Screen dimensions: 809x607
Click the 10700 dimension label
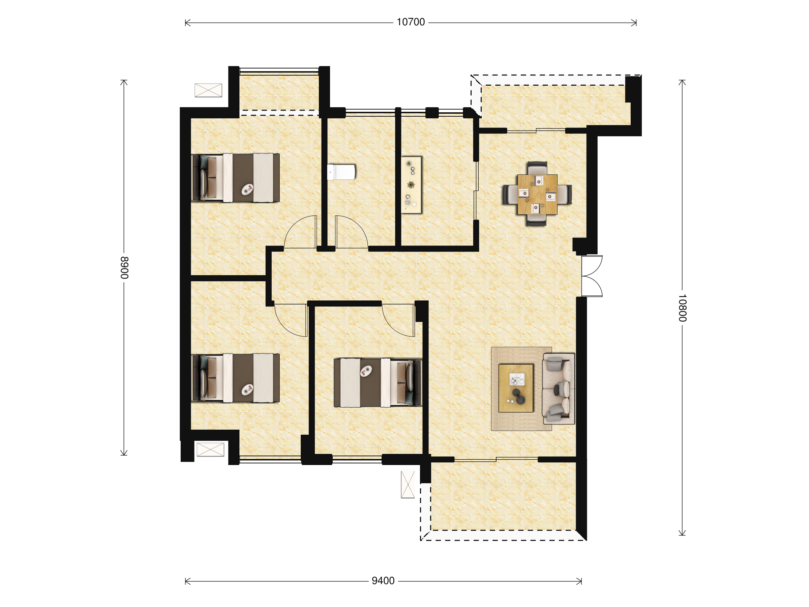tap(411, 22)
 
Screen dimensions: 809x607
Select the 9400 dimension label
tap(383, 581)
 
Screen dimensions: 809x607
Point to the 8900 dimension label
tap(124, 268)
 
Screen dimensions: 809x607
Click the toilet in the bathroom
tap(341, 172)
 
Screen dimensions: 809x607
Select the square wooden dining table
tap(537, 194)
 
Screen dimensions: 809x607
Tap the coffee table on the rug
tap(516, 388)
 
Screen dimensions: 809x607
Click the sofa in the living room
tap(559, 388)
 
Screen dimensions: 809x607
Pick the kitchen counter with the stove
tap(412, 185)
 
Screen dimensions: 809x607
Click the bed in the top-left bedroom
tap(236, 178)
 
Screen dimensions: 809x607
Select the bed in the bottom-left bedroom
tap(236, 378)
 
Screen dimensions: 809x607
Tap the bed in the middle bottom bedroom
tap(378, 383)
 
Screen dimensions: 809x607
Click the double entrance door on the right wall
tap(592, 276)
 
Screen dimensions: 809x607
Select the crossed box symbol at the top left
tap(208, 90)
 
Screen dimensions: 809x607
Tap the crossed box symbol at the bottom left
tap(210, 449)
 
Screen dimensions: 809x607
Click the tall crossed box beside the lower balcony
tap(408, 485)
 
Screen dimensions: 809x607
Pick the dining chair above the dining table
tap(537, 168)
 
